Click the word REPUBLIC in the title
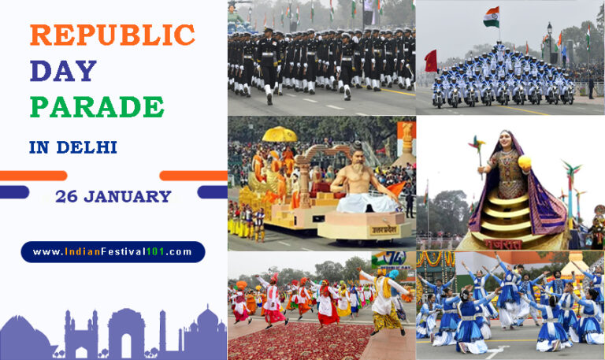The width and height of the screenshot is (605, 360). click(112, 35)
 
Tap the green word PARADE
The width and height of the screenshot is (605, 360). click(97, 106)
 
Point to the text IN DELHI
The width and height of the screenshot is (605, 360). click(72, 147)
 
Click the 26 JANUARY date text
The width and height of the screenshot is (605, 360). click(113, 197)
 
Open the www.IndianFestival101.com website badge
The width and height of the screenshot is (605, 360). click(113, 252)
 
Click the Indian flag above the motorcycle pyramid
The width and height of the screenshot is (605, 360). click(492, 16)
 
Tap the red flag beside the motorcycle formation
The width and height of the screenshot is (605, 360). click(430, 61)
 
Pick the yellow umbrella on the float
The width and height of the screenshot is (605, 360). click(280, 134)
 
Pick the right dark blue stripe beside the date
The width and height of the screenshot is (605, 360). click(212, 192)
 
